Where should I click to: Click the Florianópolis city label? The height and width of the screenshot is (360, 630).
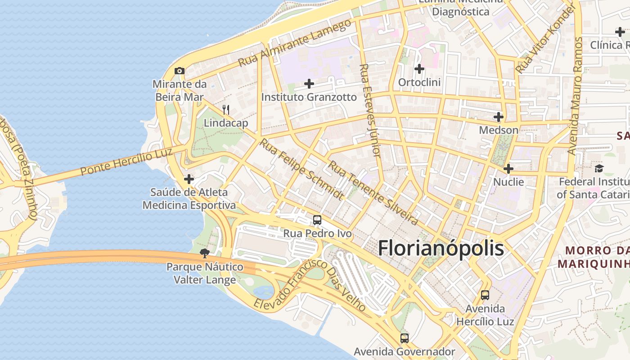pos(441,248)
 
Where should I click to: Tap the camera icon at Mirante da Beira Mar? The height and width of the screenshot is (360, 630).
pos(180,71)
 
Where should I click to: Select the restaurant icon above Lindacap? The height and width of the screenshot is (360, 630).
pos(226,109)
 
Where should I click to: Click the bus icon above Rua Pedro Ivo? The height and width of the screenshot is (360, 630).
pos(317,220)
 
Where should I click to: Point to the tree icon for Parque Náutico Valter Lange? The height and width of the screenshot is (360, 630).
pos(205,253)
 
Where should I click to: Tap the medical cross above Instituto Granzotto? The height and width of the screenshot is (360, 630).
pos(309,83)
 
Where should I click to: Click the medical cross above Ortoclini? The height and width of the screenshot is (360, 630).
pos(419,69)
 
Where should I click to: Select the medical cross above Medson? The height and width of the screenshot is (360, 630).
pos(498,117)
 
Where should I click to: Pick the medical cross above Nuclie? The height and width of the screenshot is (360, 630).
pos(508,169)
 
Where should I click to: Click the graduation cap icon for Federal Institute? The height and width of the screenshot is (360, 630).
pos(599,168)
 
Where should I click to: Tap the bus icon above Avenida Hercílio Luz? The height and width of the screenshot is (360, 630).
pos(485,295)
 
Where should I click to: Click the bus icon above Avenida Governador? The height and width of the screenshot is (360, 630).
pos(405,338)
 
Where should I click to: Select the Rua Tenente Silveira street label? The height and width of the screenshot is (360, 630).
pos(373,193)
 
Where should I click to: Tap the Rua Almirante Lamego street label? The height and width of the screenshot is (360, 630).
pos(295,43)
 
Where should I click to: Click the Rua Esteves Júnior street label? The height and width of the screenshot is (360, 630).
pos(370,110)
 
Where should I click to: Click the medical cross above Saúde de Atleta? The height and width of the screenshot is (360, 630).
pos(189,179)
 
